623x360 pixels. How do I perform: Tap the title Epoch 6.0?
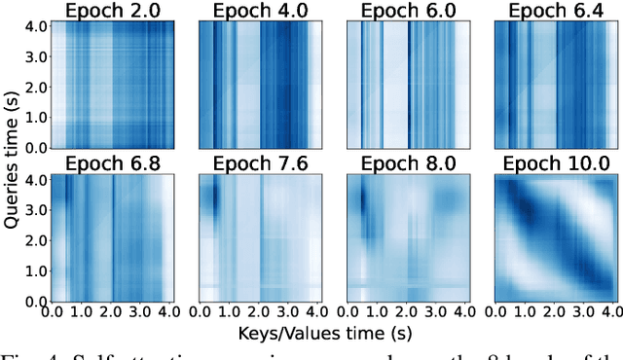[x=409, y=11]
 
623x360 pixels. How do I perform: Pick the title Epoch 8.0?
[x=409, y=162]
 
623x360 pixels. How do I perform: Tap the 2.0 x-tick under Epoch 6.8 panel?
[x=112, y=312]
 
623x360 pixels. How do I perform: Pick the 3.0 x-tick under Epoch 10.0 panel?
[x=587, y=312]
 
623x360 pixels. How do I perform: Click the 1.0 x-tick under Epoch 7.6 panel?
[x=230, y=312]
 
